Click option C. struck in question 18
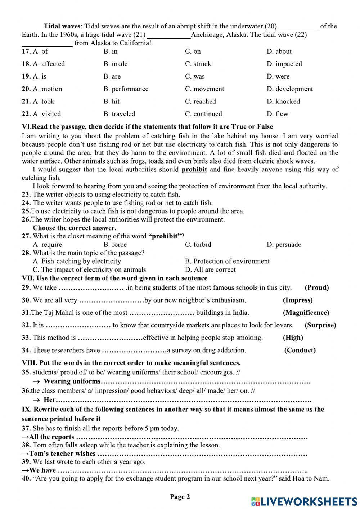pyautogui.click(x=198, y=64)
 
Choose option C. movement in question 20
pyautogui.click(x=204, y=89)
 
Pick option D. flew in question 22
pyautogui.click(x=277, y=114)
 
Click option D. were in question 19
pyautogui.click(x=278, y=76)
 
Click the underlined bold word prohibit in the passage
pyautogui.click(x=194, y=169)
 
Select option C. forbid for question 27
pyautogui.click(x=198, y=244)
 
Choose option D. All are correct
pyautogui.click(x=210, y=269)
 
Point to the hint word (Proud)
pyautogui.click(x=316, y=287)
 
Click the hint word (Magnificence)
pyautogui.click(x=306, y=313)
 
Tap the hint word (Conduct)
pyautogui.click(x=300, y=350)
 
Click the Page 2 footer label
pyautogui.click(x=180, y=497)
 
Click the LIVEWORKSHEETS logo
pyautogui.click(x=304, y=501)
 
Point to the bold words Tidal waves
pyautogui.click(x=63, y=26)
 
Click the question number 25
pyautogui.click(x=26, y=211)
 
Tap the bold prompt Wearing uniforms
pyautogui.click(x=72, y=381)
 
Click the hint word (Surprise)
pyautogui.click(x=320, y=325)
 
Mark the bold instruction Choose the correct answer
pyautogui.click(x=75, y=228)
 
